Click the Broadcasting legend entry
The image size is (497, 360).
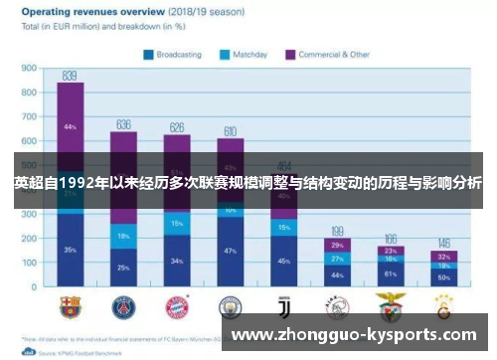click(x=180, y=54)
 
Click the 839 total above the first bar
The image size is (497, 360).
click(x=70, y=76)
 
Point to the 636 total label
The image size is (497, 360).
click(x=123, y=124)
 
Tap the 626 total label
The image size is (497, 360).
click(x=177, y=127)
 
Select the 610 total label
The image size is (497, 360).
click(x=231, y=131)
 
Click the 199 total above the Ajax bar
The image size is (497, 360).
click(x=338, y=231)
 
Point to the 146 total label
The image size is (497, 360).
click(x=444, y=243)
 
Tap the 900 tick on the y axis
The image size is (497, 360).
click(x=29, y=70)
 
